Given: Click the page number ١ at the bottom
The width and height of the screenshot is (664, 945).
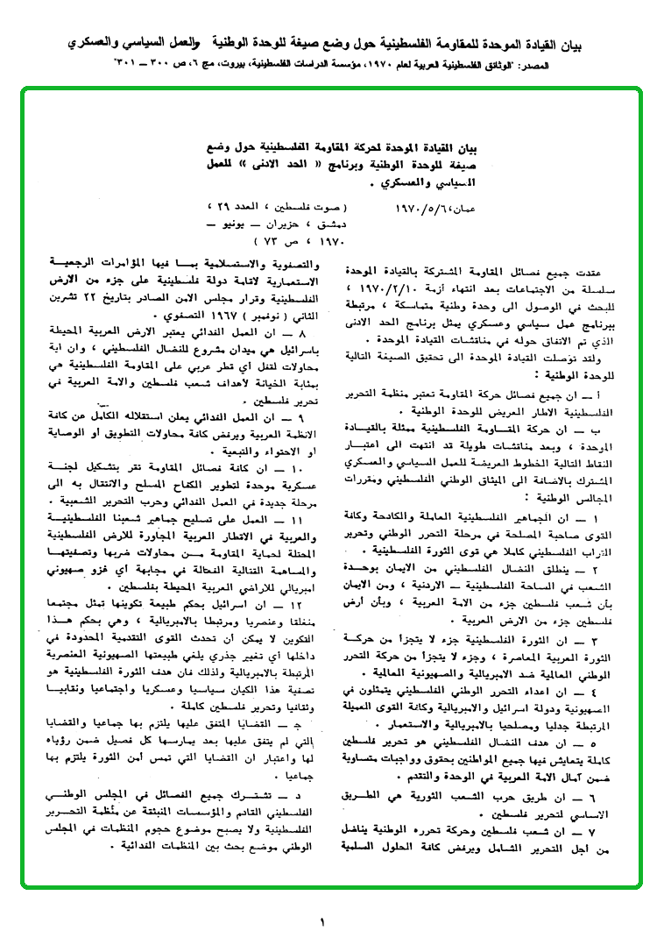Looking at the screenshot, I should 321,920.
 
